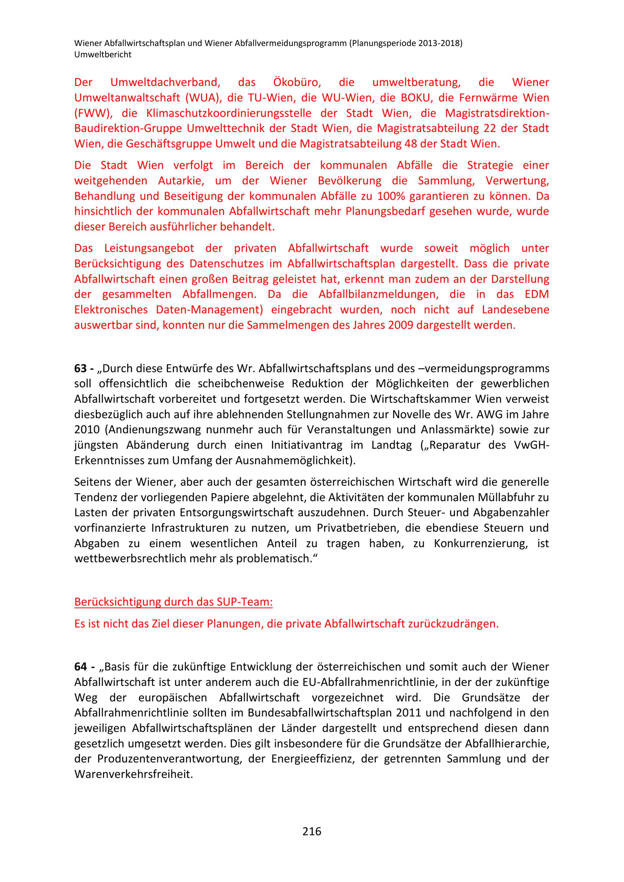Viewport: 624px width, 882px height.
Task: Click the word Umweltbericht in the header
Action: [x=103, y=55]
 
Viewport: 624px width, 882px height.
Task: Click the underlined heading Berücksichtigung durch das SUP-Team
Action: [x=173, y=602]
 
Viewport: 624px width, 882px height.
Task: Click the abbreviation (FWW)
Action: [x=93, y=113]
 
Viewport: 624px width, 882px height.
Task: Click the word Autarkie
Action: [x=180, y=181]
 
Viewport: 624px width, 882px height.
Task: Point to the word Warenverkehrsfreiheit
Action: [x=133, y=774]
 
